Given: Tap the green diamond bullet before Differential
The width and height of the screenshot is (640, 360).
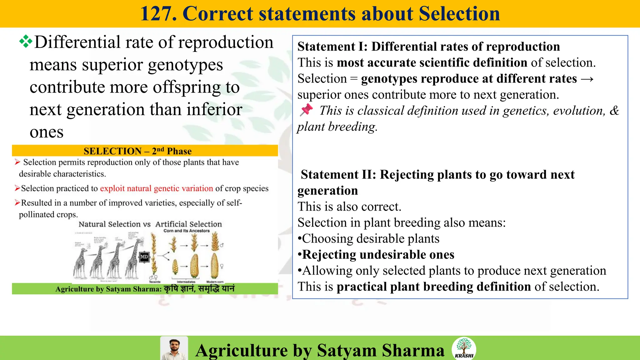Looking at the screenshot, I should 26,42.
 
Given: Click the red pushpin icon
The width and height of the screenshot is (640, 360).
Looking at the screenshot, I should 306,110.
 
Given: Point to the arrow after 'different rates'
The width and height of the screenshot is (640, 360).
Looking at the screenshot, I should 587,79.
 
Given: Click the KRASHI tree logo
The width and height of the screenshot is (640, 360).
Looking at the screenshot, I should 464,348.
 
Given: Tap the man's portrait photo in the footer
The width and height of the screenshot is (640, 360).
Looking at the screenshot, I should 174,349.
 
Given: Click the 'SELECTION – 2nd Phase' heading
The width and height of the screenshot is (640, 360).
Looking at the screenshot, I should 137,151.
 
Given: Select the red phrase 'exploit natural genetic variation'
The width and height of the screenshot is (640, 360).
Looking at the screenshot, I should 156,188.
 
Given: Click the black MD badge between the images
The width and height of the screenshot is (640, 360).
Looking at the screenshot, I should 144,257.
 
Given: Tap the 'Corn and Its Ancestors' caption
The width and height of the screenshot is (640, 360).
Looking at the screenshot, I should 187,231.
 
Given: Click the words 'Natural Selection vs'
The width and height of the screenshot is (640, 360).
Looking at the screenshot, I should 114,224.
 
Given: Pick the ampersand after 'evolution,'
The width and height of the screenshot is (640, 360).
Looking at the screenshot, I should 614,111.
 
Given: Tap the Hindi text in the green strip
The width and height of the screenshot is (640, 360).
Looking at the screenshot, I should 199,288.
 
